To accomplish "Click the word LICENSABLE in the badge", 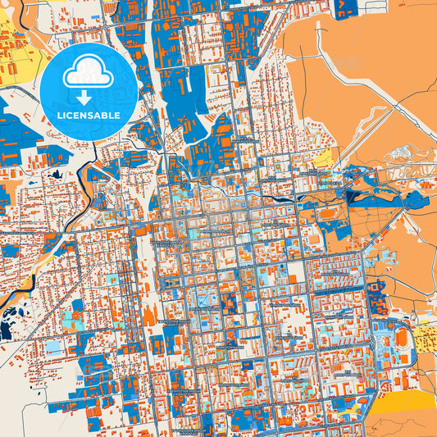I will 89,116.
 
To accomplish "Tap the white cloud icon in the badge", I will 89,75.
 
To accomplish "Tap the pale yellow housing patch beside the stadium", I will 426,338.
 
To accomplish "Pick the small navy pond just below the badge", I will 56,173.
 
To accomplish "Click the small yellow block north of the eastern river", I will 324,157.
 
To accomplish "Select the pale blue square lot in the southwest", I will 52,348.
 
